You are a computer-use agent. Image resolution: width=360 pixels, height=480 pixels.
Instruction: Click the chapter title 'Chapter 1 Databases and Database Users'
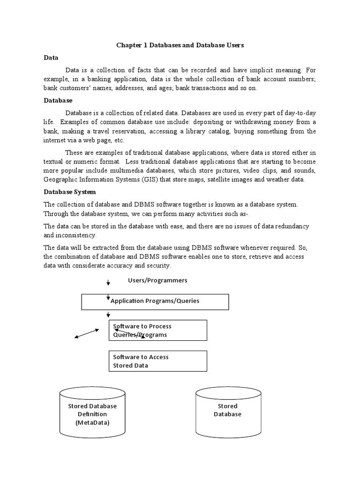tap(180, 45)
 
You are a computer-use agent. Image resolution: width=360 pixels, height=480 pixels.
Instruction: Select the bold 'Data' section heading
tap(51, 58)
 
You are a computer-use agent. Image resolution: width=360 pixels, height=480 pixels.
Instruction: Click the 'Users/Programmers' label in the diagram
tap(157, 280)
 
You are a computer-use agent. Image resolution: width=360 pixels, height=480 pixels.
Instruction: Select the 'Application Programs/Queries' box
tap(155, 301)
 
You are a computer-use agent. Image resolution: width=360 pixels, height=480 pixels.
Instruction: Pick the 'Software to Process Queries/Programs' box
tap(157, 330)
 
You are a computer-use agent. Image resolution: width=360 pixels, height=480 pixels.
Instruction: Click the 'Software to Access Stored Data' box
tap(157, 361)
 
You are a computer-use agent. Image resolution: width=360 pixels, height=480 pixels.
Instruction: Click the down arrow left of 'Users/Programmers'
tap(108, 283)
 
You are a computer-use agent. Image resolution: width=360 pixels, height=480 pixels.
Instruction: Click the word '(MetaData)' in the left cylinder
tap(92, 423)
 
